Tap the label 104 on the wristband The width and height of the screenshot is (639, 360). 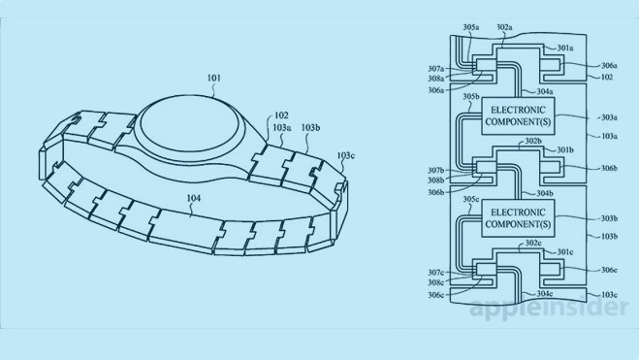pos(194,198)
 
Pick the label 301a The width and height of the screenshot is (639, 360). pos(565,47)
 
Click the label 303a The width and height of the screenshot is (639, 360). pos(609,116)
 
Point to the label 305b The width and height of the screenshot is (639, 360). pos(471,97)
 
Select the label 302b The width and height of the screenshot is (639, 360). pos(532,142)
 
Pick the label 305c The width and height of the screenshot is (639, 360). pos(471,200)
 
